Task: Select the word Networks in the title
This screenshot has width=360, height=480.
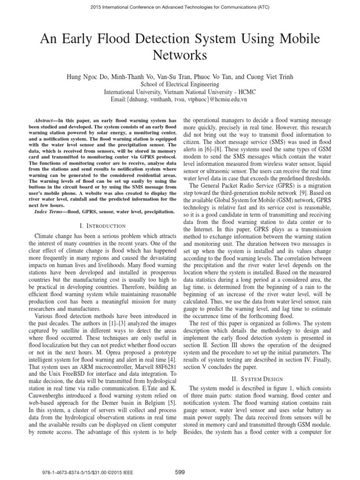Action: [180, 55]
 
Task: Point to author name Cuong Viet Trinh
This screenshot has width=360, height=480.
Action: [270, 75]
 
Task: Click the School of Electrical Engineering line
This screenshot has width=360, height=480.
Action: [180, 83]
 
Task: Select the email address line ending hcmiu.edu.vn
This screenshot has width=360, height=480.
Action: [180, 99]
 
